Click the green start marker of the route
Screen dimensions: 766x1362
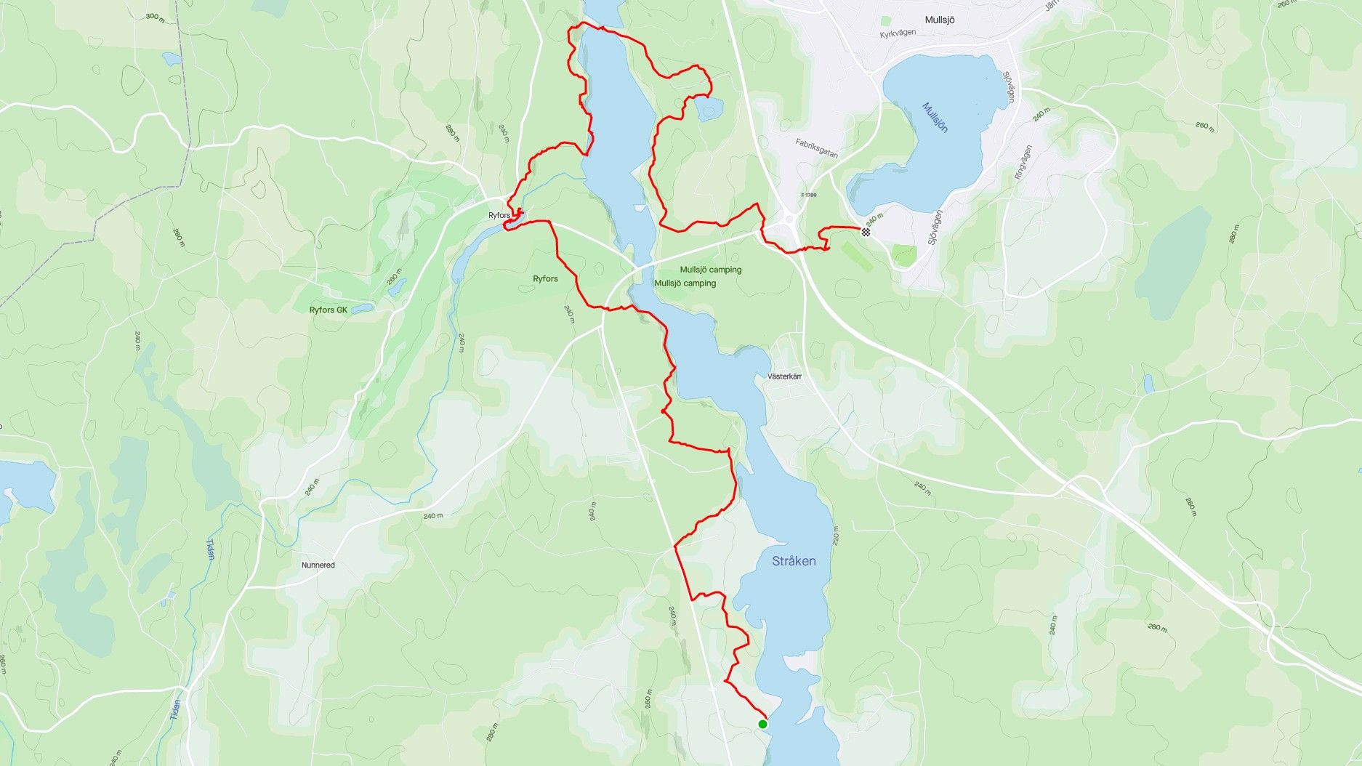tap(762, 724)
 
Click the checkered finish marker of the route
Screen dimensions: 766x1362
tap(866, 232)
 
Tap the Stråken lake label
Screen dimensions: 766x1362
tap(794, 561)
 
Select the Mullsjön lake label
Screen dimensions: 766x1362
tap(935, 117)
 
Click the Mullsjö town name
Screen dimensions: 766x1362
tap(940, 20)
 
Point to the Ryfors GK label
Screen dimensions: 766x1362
tap(329, 310)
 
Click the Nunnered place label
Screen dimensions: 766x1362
tap(318, 565)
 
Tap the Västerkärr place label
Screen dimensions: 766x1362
tap(784, 376)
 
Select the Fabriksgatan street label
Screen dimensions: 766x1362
tap(816, 148)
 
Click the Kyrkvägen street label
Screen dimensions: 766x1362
tap(898, 34)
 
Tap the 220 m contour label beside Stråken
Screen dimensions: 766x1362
tap(835, 536)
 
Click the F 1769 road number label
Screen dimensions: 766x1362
tap(809, 195)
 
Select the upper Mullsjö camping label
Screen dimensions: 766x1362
tap(710, 270)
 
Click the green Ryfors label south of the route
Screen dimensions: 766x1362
tap(545, 279)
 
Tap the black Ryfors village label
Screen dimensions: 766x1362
tap(499, 215)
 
